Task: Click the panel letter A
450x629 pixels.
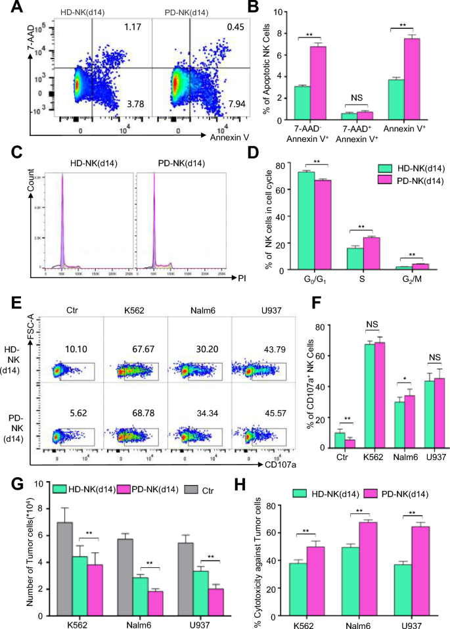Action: pyautogui.click(x=9, y=9)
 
